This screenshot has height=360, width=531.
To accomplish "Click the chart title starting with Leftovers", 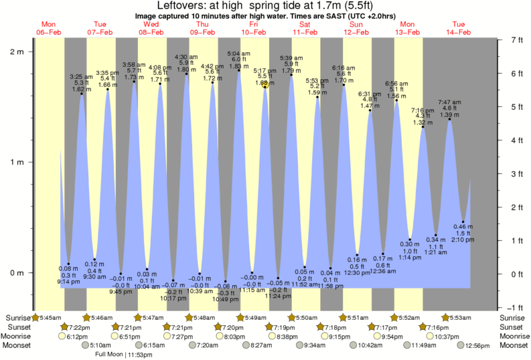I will pos(265,6).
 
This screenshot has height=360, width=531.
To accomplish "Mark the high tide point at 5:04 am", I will pos(239,70).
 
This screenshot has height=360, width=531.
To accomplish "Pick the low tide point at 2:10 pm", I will pos(463,222).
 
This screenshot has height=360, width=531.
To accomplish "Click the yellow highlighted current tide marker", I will pos(265,86).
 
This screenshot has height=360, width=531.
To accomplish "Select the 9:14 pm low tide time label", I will pos(68,281).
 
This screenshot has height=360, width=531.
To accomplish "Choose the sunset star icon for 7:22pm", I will pos(64,327).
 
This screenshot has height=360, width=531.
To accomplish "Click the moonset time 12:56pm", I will pos(477,345).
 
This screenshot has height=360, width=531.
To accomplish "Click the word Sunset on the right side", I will pos(514,327).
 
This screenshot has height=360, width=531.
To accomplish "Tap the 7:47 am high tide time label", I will pos(449,102).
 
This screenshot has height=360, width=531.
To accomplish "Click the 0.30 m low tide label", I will pos(410,244).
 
